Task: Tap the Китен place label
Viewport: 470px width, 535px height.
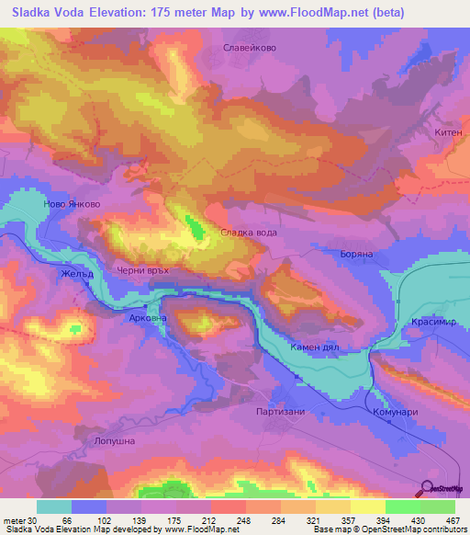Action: pyautogui.click(x=447, y=132)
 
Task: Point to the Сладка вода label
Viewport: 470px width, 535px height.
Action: pyautogui.click(x=248, y=233)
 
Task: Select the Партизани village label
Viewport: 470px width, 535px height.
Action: pyautogui.click(x=281, y=412)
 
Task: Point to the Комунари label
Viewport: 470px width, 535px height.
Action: pyautogui.click(x=396, y=413)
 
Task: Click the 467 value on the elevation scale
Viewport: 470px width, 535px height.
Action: pyautogui.click(x=454, y=520)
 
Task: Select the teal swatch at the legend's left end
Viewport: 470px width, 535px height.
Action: pyautogui.click(x=54, y=507)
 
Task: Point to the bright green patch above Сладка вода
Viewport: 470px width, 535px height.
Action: pyautogui.click(x=193, y=226)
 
